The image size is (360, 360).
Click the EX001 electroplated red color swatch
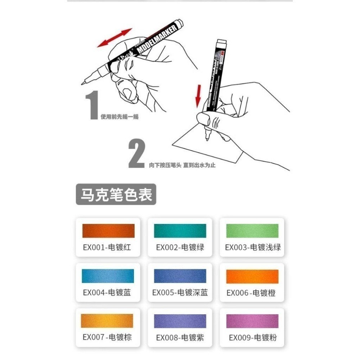108,231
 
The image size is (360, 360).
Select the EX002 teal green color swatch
180,231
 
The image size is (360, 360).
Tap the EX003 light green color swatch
252,231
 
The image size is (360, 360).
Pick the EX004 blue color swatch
108,276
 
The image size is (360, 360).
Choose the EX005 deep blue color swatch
180,276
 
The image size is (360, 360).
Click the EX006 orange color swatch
252,276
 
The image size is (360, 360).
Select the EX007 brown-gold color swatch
108,321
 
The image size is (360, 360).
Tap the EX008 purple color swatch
180,321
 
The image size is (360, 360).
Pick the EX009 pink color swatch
252,321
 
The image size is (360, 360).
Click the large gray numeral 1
93,105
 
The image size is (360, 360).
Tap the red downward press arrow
198,96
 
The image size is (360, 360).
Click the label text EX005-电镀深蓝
180,293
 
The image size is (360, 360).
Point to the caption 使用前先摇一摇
120,117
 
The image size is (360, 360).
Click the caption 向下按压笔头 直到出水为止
182,165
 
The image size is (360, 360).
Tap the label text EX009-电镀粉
253,338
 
